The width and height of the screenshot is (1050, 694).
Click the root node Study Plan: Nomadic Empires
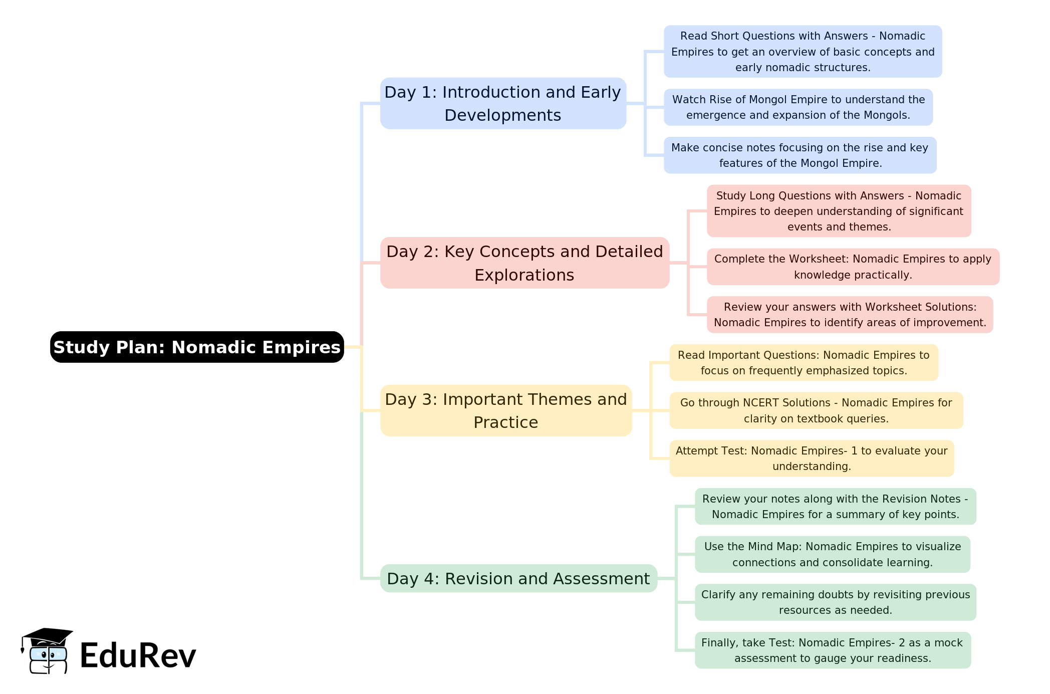[x=197, y=347]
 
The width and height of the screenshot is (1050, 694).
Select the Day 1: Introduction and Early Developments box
[x=503, y=103]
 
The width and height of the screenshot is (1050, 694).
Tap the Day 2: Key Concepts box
[x=524, y=263]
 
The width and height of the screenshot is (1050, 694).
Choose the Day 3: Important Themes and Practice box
[x=506, y=410]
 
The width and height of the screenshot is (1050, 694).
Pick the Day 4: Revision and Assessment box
[x=518, y=578]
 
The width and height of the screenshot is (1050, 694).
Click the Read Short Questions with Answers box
[x=803, y=52]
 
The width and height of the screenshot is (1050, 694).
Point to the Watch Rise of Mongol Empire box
[x=798, y=107]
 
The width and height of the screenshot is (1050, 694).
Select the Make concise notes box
[x=800, y=155]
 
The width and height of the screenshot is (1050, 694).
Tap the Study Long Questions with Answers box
[x=839, y=211]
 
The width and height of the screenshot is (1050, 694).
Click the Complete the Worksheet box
[x=853, y=267]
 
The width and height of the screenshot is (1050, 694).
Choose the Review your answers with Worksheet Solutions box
[x=850, y=315]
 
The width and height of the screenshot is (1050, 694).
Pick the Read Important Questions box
[x=804, y=362]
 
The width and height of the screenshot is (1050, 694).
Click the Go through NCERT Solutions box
[x=816, y=410]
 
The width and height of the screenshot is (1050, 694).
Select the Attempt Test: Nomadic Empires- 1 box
[x=812, y=458]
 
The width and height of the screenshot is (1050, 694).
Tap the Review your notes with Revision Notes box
[x=835, y=506]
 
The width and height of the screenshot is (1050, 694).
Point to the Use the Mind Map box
[x=832, y=554]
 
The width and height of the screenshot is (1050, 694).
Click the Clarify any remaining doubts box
[x=835, y=602]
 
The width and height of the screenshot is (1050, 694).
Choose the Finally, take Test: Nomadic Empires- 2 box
[x=833, y=650]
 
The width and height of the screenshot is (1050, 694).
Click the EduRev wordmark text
[x=138, y=655]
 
